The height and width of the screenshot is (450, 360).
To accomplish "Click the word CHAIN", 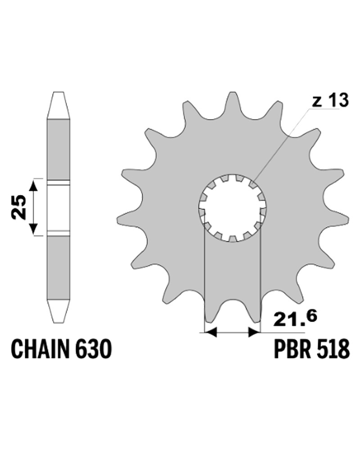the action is coord(40,348).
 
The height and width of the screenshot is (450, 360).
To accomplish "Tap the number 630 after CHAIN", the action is coord(93,348).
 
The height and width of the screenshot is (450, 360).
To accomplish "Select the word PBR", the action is coord(292,348).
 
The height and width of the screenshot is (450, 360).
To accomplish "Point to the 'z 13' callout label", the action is coord(330,100).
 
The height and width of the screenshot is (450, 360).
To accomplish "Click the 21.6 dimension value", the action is coord(295,318).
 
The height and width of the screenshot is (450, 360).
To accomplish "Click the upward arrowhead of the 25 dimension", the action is coord(34,186).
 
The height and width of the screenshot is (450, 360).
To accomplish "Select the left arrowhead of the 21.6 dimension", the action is coord(210,333).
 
